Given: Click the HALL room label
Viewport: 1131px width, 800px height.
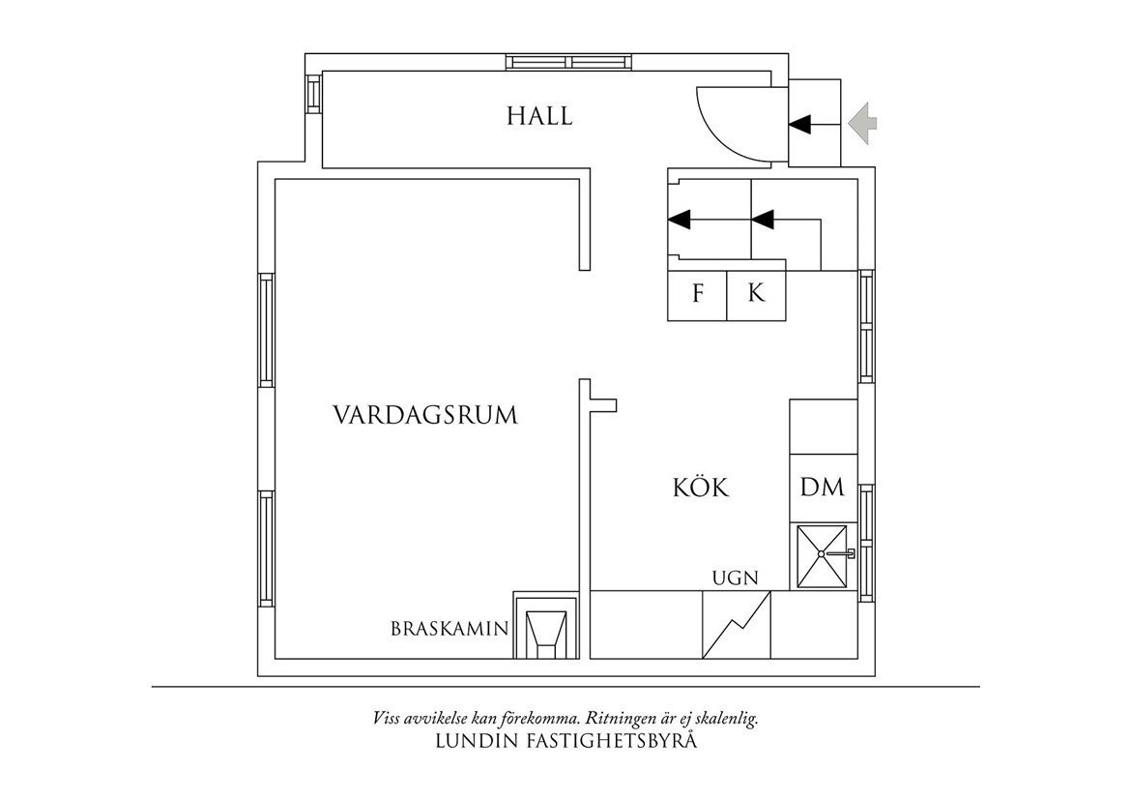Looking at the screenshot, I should tap(539, 117).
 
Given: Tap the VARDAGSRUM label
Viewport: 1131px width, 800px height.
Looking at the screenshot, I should tap(425, 416).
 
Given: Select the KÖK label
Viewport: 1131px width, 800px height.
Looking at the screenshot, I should tap(700, 488).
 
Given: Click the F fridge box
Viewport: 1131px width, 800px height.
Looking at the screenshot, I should tap(697, 294).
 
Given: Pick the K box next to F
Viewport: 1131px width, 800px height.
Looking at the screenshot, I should tap(756, 294).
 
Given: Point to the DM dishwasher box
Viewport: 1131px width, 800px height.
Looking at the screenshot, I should tap(823, 488).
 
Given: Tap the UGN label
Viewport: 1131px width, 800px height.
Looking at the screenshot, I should tap(735, 578).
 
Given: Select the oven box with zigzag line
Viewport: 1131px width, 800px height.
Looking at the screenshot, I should tap(737, 625).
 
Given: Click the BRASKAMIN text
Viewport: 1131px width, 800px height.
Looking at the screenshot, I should tap(449, 629).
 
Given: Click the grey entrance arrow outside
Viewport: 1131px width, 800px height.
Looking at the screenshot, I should tap(862, 124).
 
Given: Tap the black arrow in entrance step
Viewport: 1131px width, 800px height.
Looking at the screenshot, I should tap(801, 124).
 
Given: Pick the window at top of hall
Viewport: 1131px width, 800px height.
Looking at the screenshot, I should tap(570, 62).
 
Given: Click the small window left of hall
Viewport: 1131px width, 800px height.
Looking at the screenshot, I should tap(313, 93).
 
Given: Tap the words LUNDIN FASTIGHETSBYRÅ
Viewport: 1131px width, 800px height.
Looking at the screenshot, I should tap(567, 742).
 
